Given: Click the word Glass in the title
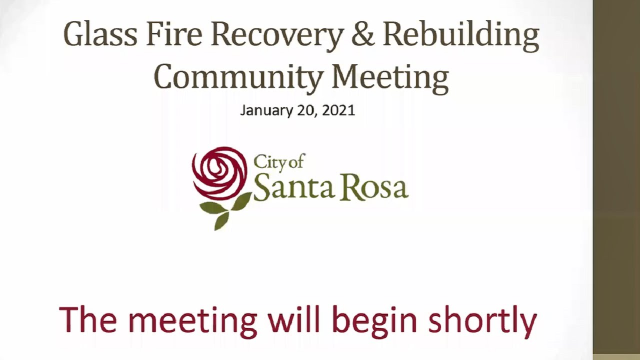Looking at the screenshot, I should (x=100, y=35).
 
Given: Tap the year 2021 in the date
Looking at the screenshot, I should (x=338, y=110).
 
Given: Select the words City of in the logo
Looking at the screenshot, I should (x=279, y=162).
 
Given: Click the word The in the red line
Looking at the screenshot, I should (x=90, y=320).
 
